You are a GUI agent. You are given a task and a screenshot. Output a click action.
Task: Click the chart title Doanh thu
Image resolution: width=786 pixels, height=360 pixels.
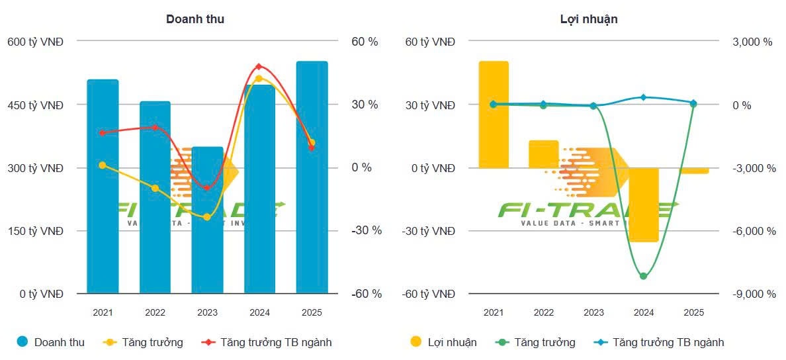point(195,19)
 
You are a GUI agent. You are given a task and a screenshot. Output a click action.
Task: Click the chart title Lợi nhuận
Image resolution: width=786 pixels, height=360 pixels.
point(588,19)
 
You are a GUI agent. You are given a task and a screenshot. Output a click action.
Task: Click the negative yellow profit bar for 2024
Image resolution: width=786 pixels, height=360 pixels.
point(643,204)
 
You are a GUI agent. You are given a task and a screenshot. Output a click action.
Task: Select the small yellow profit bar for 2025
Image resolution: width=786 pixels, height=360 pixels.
point(693,171)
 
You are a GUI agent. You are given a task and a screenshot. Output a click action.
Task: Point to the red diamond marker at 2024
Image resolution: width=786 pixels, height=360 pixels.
point(259,67)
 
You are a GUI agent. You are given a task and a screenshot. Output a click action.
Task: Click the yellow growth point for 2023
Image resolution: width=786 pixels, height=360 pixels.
point(207,217)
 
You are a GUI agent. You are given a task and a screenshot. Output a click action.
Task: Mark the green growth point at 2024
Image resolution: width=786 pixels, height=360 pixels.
point(643,276)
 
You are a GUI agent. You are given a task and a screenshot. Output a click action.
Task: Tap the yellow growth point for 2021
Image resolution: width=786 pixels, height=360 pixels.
point(103,165)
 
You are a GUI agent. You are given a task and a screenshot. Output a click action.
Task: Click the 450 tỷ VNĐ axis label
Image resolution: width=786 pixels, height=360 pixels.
point(36,105)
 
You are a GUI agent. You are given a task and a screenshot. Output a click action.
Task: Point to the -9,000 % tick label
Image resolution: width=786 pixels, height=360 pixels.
point(753,294)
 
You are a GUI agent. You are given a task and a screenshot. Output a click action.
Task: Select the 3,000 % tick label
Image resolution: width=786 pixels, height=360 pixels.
point(751,42)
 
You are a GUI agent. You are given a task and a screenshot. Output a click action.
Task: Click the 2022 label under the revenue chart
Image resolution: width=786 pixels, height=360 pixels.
point(155,312)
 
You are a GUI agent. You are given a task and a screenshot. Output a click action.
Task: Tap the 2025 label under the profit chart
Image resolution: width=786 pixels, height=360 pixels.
point(693,312)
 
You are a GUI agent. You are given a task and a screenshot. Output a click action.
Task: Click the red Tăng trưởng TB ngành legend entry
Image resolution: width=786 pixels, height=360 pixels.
point(267,342)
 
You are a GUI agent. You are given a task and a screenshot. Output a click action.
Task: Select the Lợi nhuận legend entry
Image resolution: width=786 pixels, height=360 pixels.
point(443,342)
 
